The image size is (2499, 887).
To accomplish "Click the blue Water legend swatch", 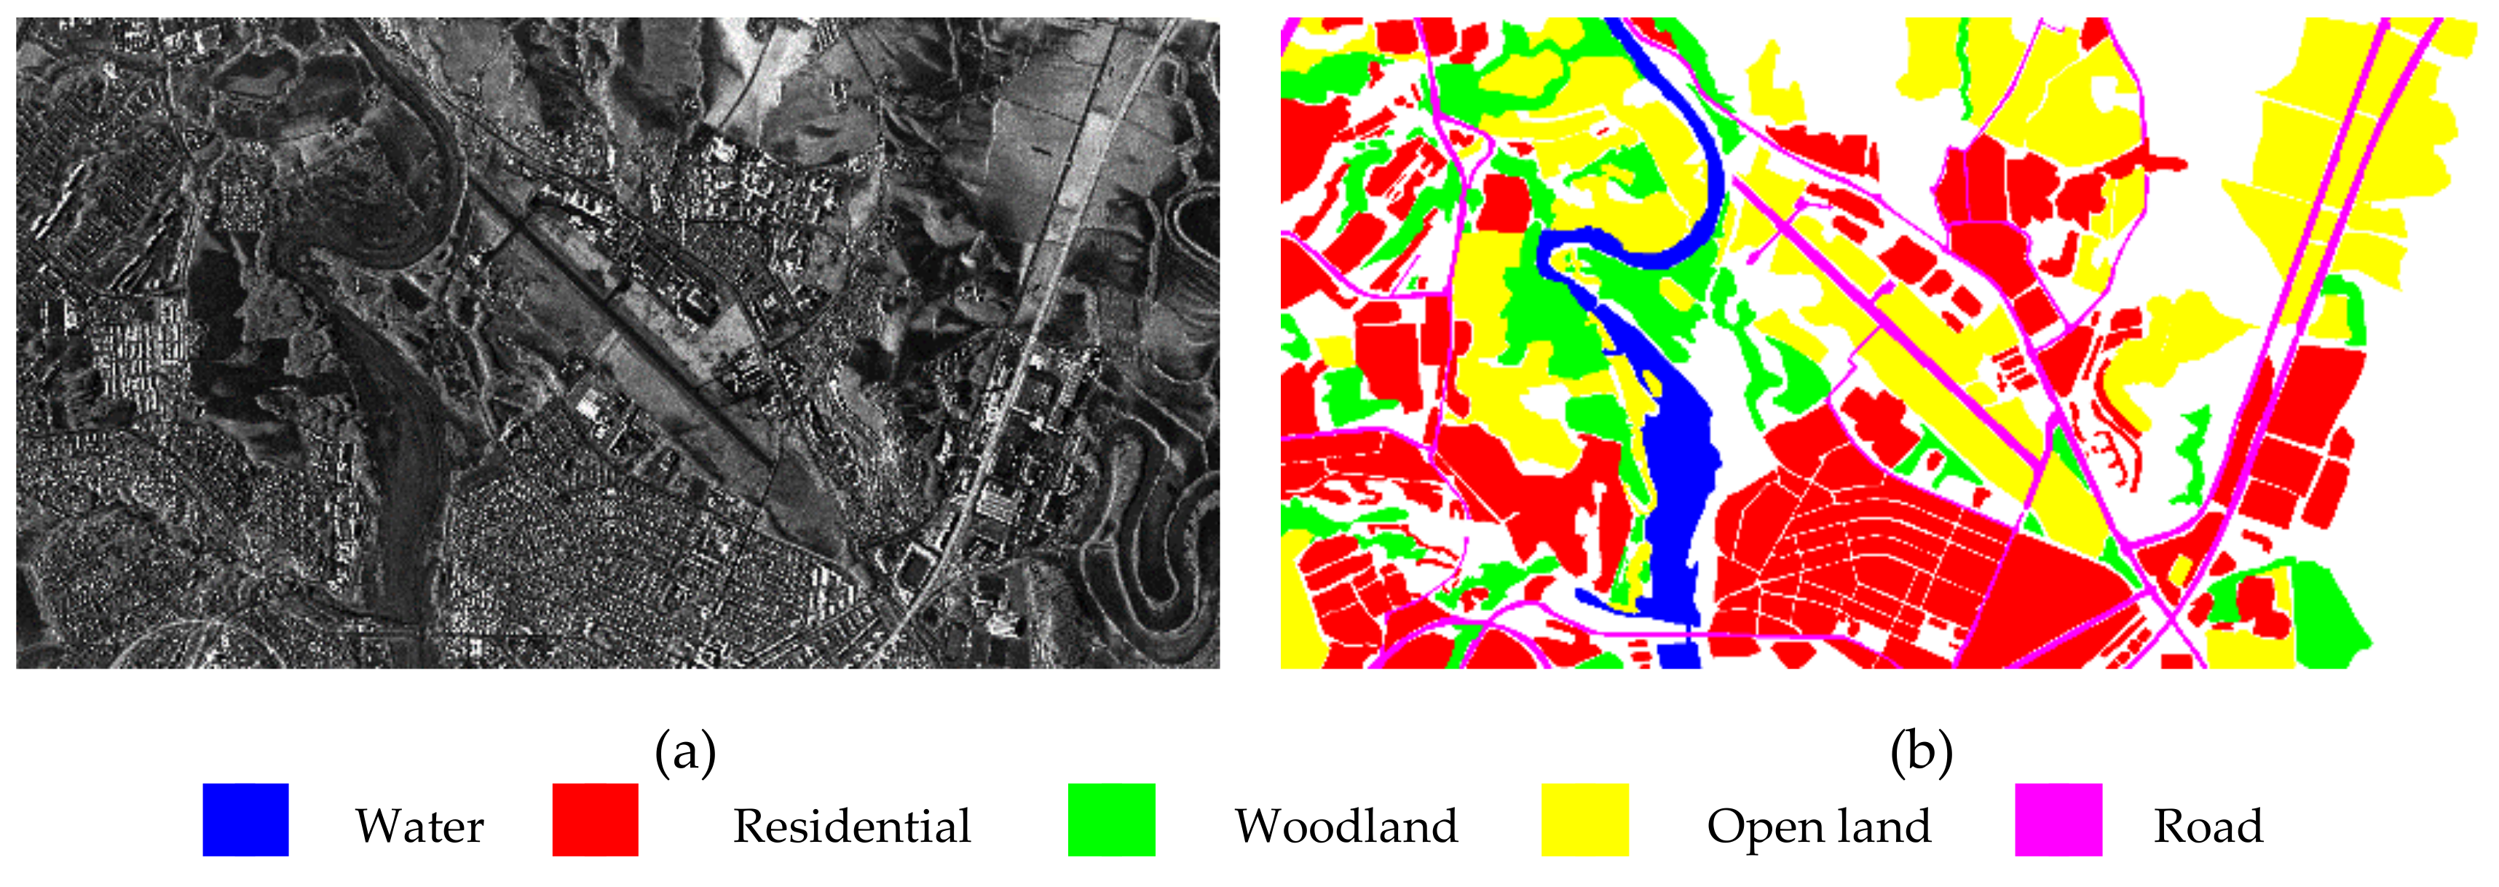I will tap(245, 820).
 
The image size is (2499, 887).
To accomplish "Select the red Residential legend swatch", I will tap(595, 820).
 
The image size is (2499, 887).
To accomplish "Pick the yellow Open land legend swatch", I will tap(1585, 820).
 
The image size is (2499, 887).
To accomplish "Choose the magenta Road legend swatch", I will tap(2058, 820).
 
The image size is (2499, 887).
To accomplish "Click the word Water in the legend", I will tap(419, 827).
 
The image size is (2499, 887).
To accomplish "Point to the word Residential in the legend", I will tap(852, 827).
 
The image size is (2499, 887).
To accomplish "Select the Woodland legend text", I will tap(1346, 827).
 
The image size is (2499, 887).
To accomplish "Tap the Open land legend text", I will tap(1819, 827).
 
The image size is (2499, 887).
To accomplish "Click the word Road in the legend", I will tap(2208, 827).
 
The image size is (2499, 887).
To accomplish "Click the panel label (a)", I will tap(685, 752).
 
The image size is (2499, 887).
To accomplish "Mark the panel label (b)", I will tap(1921, 752).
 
